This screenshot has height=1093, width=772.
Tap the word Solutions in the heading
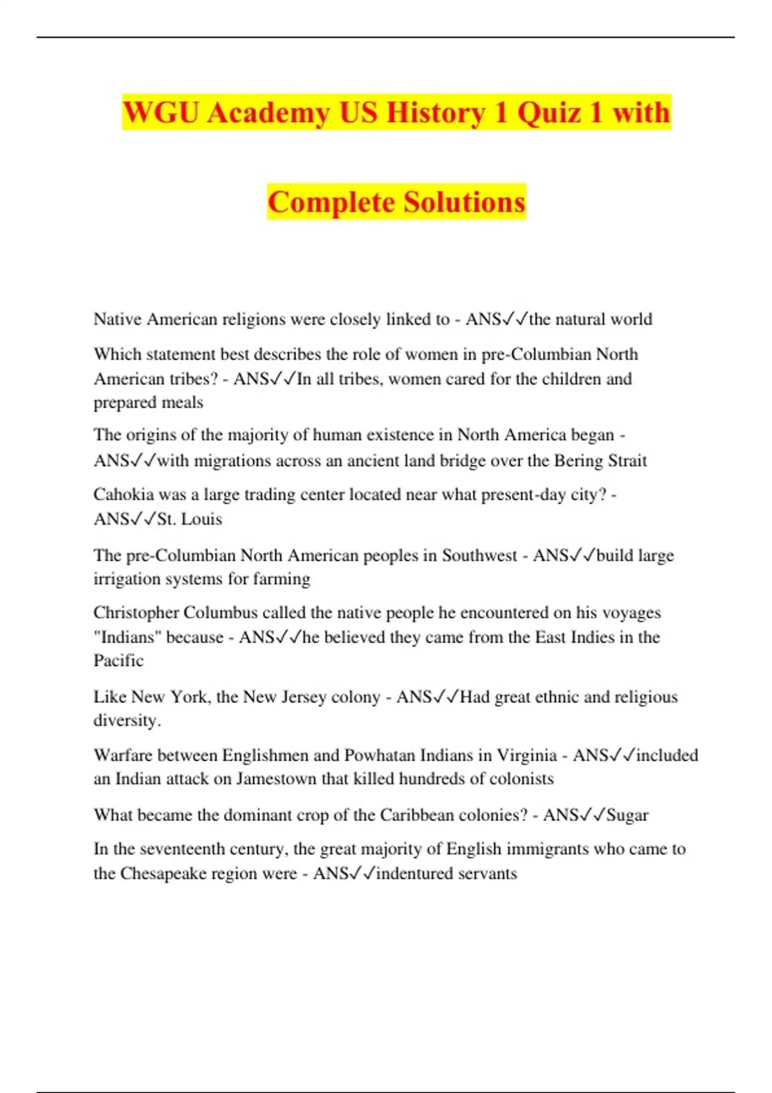[x=464, y=202]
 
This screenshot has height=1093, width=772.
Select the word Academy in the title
[x=269, y=113]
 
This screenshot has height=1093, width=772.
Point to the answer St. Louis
[x=190, y=519]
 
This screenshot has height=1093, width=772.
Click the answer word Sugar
[x=627, y=815]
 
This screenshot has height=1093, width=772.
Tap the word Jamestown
[x=277, y=779]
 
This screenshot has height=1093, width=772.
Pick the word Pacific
[x=118, y=660]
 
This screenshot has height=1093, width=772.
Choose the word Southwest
[x=479, y=556]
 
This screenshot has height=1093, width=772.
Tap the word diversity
[x=127, y=721]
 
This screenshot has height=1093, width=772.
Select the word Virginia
[x=527, y=755]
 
